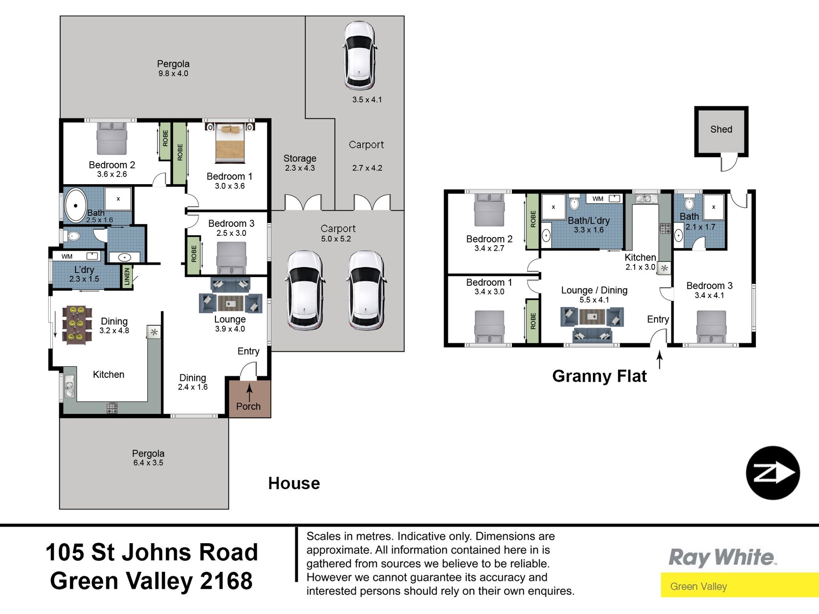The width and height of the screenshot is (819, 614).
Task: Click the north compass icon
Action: coord(773,473)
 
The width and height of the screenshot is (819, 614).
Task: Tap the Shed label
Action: coord(721,129)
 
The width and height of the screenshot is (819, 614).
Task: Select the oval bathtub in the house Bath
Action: coord(76,205)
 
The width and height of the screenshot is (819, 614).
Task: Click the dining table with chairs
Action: coord(77,325)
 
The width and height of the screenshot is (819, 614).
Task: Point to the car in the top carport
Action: coord(360,55)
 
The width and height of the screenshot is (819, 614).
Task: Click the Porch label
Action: coord(248,406)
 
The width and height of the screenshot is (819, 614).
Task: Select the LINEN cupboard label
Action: coord(127,277)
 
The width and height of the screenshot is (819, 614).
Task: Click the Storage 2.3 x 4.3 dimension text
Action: coord(300,168)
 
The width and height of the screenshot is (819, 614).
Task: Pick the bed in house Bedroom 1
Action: coord(230,143)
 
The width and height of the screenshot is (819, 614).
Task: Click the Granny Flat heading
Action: coord(599,376)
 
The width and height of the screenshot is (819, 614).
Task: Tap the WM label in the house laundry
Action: coord(67,256)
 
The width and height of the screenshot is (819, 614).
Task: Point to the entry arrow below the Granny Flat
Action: coord(659,359)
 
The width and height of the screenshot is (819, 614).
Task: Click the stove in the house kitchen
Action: coord(112,408)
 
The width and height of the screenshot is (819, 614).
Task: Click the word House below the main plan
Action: coord(294,484)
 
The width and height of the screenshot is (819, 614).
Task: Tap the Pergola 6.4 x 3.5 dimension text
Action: coord(148,463)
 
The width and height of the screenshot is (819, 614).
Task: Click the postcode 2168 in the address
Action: coord(226,581)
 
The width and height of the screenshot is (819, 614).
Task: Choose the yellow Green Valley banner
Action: coord(740,585)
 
